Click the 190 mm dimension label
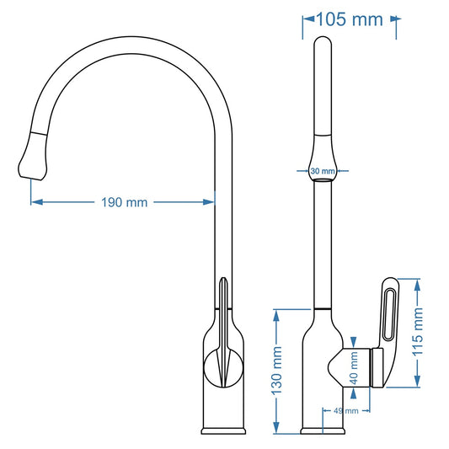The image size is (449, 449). [x=124, y=202]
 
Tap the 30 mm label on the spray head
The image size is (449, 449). [x=323, y=171]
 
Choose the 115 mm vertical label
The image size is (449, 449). [x=419, y=333]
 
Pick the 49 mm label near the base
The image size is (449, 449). [x=345, y=411]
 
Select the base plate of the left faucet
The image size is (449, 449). [x=223, y=432]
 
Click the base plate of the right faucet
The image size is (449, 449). [x=323, y=432]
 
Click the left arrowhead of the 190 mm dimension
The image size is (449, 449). [x=35, y=202]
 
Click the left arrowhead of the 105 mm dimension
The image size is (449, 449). [x=307, y=19]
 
